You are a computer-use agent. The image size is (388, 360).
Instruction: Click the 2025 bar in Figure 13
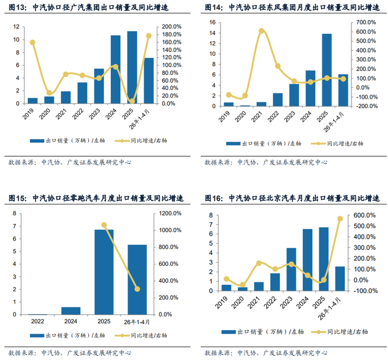pyautogui.click(x=132, y=67)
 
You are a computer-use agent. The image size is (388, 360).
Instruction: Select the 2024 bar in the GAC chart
pyautogui.click(x=115, y=69)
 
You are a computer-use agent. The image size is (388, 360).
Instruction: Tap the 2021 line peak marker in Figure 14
pyautogui.click(x=262, y=31)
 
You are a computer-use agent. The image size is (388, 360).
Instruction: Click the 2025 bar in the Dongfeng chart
pyautogui.click(x=327, y=70)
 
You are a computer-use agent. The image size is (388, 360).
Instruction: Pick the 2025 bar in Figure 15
pyautogui.click(x=104, y=272)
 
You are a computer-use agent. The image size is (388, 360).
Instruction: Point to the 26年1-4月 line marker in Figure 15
pyautogui.click(x=137, y=289)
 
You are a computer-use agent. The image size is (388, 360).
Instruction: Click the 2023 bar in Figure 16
pyautogui.click(x=291, y=269)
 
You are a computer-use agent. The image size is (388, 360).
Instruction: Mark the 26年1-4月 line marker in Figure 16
pyautogui.click(x=340, y=219)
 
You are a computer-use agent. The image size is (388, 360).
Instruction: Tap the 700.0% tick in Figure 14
pyautogui.click(x=366, y=22)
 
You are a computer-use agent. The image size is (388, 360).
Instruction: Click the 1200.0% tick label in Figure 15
pyautogui.click(x=170, y=213)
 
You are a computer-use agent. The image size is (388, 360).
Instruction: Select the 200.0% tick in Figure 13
pyautogui.click(x=171, y=27)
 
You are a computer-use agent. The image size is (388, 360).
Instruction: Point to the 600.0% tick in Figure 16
pyautogui.click(x=364, y=215)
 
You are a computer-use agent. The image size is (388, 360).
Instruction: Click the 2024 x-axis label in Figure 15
pyautogui.click(x=71, y=321)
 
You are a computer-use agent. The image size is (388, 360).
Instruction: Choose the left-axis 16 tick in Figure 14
pyautogui.click(x=212, y=22)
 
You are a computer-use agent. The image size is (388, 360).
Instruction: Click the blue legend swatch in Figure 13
pyautogui.click(x=37, y=141)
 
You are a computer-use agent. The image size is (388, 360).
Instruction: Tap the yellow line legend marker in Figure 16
pyautogui.click(x=318, y=332)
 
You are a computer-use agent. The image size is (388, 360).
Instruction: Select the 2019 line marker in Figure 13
pyautogui.click(x=32, y=43)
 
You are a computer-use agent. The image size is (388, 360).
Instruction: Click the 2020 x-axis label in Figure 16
pyautogui.click(x=238, y=302)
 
